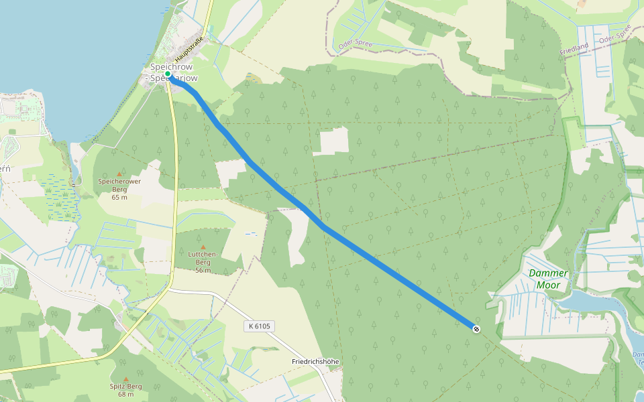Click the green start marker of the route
pos(168,74)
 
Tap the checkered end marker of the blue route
pos(476,328)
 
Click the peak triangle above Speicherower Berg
pos(119,174)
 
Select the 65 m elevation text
pos(119,197)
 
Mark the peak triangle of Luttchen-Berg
pos(203,247)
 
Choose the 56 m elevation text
pos(203,270)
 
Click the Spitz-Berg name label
pos(125,386)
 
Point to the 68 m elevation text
pos(125,394)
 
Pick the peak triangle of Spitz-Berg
pos(125,379)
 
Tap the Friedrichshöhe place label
pos(315,361)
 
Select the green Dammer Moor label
pos(548,279)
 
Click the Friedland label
pos(574,48)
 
